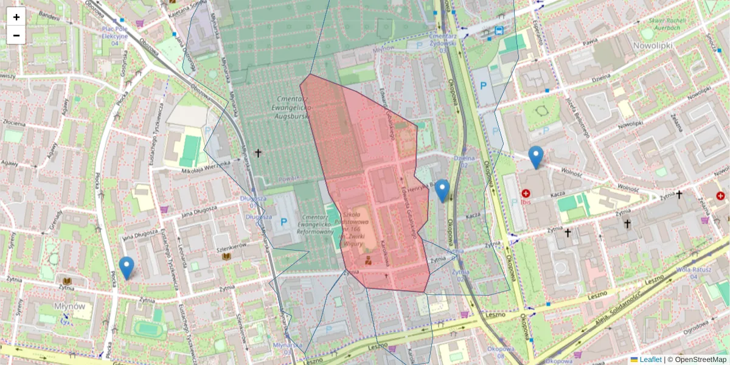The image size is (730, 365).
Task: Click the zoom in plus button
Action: coord(16,17)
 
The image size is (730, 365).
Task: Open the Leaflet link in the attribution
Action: coord(650,360)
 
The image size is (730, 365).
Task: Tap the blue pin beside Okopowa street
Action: coord(442,190)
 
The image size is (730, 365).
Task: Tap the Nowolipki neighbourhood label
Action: coord(653,46)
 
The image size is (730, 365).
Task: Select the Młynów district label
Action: coord(69,305)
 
